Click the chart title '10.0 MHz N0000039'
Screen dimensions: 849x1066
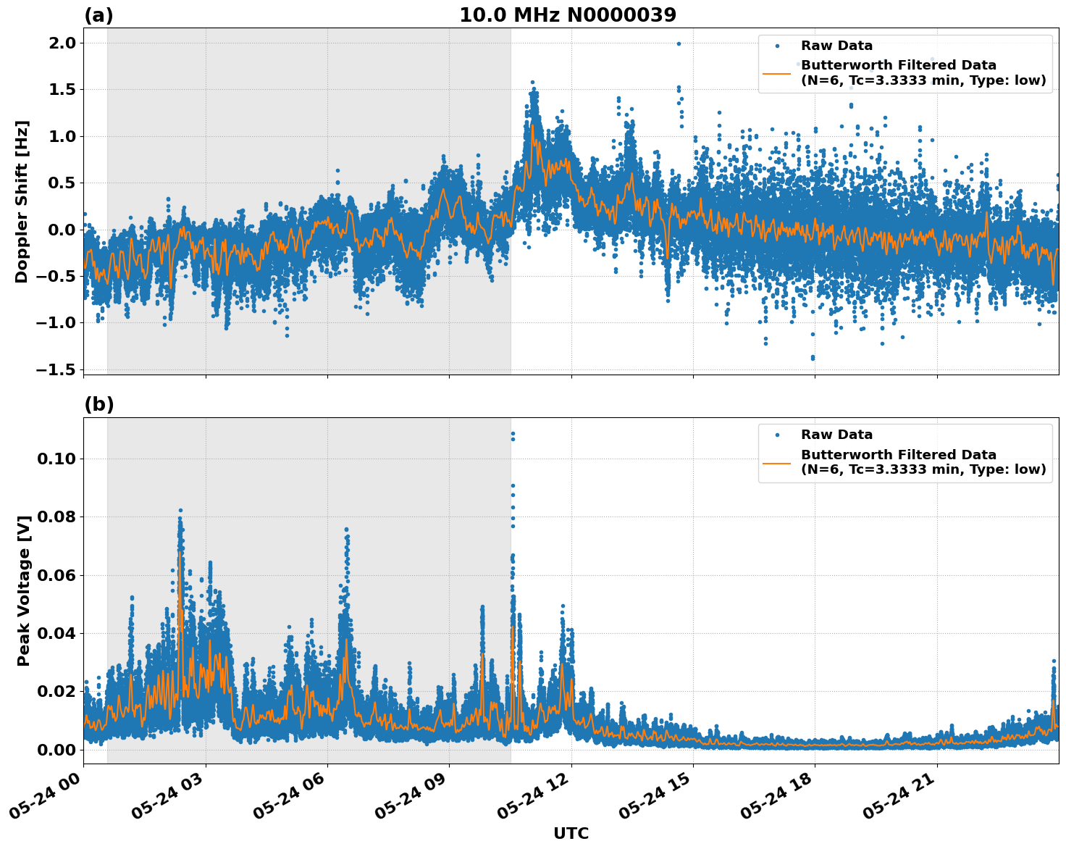567,15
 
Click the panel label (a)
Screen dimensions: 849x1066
98,15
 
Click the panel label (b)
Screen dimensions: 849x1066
98,404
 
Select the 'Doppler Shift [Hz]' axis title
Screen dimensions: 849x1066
22,201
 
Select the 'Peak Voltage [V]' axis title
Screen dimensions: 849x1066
24,590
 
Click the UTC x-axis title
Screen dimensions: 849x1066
571,833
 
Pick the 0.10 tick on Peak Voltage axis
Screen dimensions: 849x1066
56,459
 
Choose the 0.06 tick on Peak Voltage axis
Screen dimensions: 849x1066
56,575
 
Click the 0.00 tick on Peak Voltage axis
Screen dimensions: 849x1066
56,749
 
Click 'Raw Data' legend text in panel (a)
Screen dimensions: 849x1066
836,46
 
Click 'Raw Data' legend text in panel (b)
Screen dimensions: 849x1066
836,435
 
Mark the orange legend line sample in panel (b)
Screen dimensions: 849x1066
776,462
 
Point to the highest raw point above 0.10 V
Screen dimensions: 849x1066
513,433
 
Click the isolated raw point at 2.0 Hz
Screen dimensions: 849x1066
679,43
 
